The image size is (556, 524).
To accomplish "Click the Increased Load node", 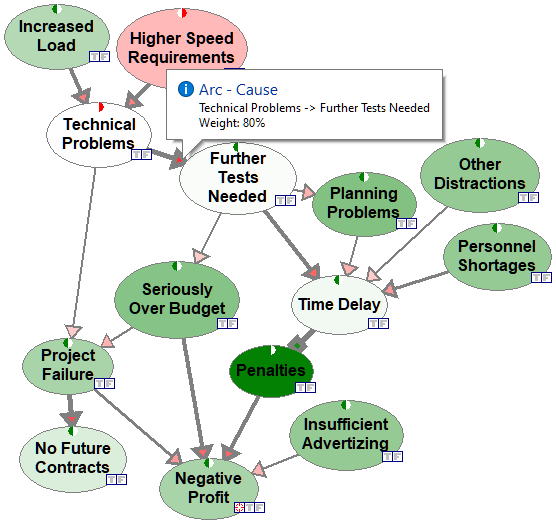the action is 57,36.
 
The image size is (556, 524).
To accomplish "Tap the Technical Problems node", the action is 99,135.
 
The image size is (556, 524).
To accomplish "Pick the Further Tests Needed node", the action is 238,178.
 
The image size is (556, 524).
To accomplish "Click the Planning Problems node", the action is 364,204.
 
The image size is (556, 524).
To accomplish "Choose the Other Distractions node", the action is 480,175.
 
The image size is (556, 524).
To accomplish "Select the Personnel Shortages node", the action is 497,256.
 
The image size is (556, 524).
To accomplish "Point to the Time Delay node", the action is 339,305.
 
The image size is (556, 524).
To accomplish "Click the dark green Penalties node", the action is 271,371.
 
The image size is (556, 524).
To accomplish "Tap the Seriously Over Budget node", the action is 177,300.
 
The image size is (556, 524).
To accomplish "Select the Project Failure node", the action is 68,366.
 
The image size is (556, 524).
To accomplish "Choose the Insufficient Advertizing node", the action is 346,435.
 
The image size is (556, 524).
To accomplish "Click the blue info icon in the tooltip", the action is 186,89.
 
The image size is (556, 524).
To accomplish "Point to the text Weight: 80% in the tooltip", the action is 232,123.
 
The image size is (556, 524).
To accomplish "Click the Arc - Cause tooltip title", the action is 238,90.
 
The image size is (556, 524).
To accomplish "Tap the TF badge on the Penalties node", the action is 305,388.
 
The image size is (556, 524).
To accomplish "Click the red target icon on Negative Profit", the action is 239,507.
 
